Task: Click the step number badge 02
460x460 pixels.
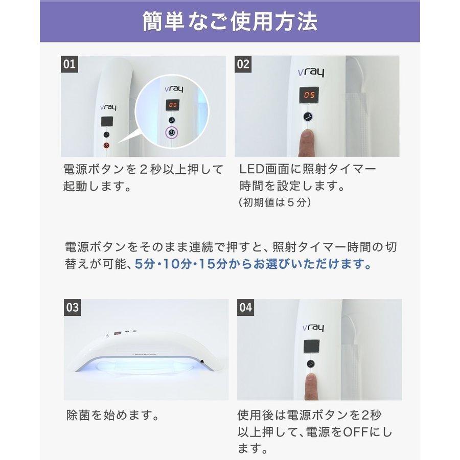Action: [243, 64]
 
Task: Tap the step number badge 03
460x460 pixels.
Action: [73, 307]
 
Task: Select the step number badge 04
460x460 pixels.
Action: [246, 307]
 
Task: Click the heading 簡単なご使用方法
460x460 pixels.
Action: [229, 21]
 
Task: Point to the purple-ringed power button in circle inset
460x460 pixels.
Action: [172, 133]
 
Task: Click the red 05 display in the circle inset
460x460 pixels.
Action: [172, 106]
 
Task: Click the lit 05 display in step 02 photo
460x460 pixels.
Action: [309, 95]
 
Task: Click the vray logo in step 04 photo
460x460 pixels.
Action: [311, 328]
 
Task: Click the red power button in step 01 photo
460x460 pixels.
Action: [106, 145]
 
